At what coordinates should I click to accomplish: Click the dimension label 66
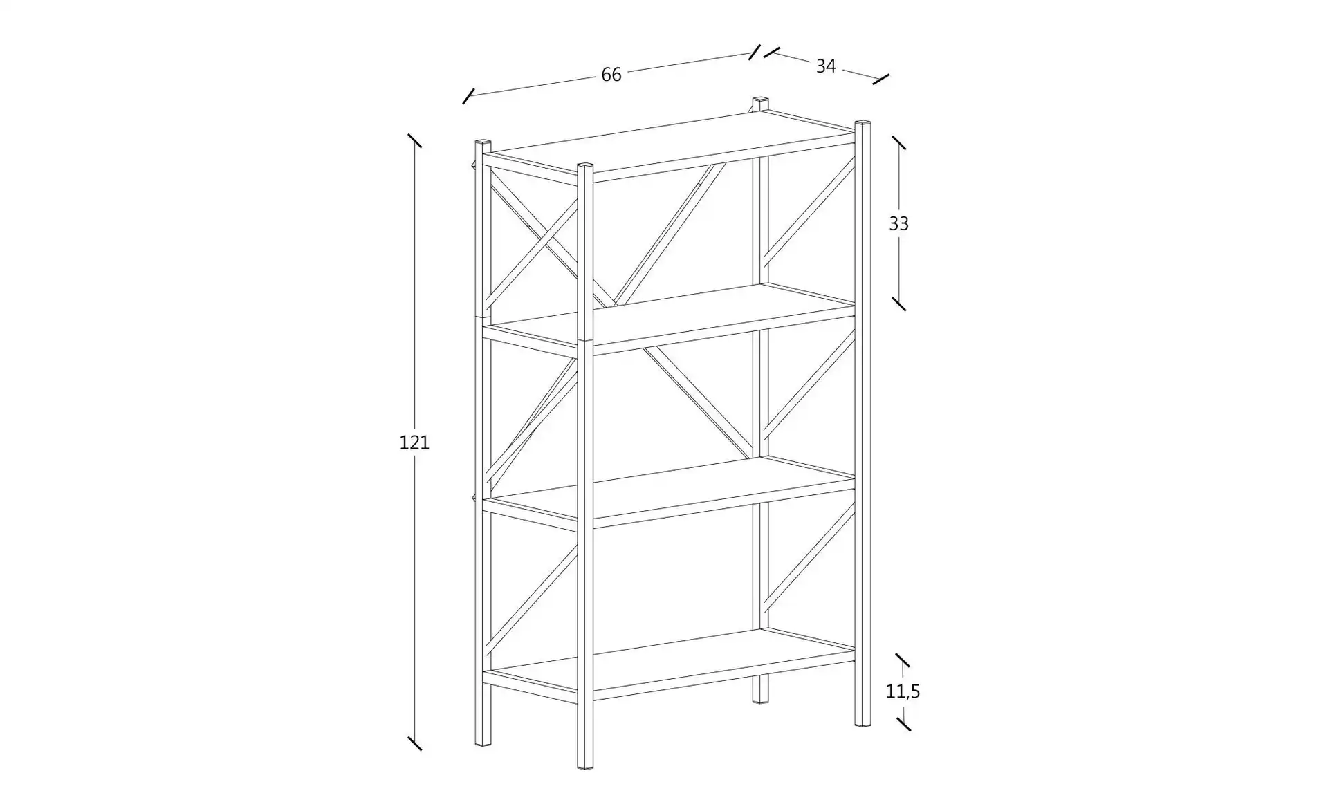click(x=611, y=75)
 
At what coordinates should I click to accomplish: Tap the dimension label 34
click(x=826, y=66)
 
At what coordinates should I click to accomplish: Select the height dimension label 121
click(x=414, y=442)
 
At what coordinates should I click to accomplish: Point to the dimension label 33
click(x=898, y=223)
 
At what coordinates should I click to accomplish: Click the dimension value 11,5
click(x=903, y=691)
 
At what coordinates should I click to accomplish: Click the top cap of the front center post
click(x=585, y=166)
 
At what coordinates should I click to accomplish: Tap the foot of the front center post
click(x=585, y=765)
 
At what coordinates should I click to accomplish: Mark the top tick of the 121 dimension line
click(x=414, y=140)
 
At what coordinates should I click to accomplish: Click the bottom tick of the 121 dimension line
click(x=414, y=743)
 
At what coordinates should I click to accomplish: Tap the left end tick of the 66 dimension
click(x=469, y=96)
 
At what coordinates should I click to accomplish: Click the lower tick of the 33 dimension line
click(x=898, y=304)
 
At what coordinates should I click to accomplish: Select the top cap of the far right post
click(x=863, y=124)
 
